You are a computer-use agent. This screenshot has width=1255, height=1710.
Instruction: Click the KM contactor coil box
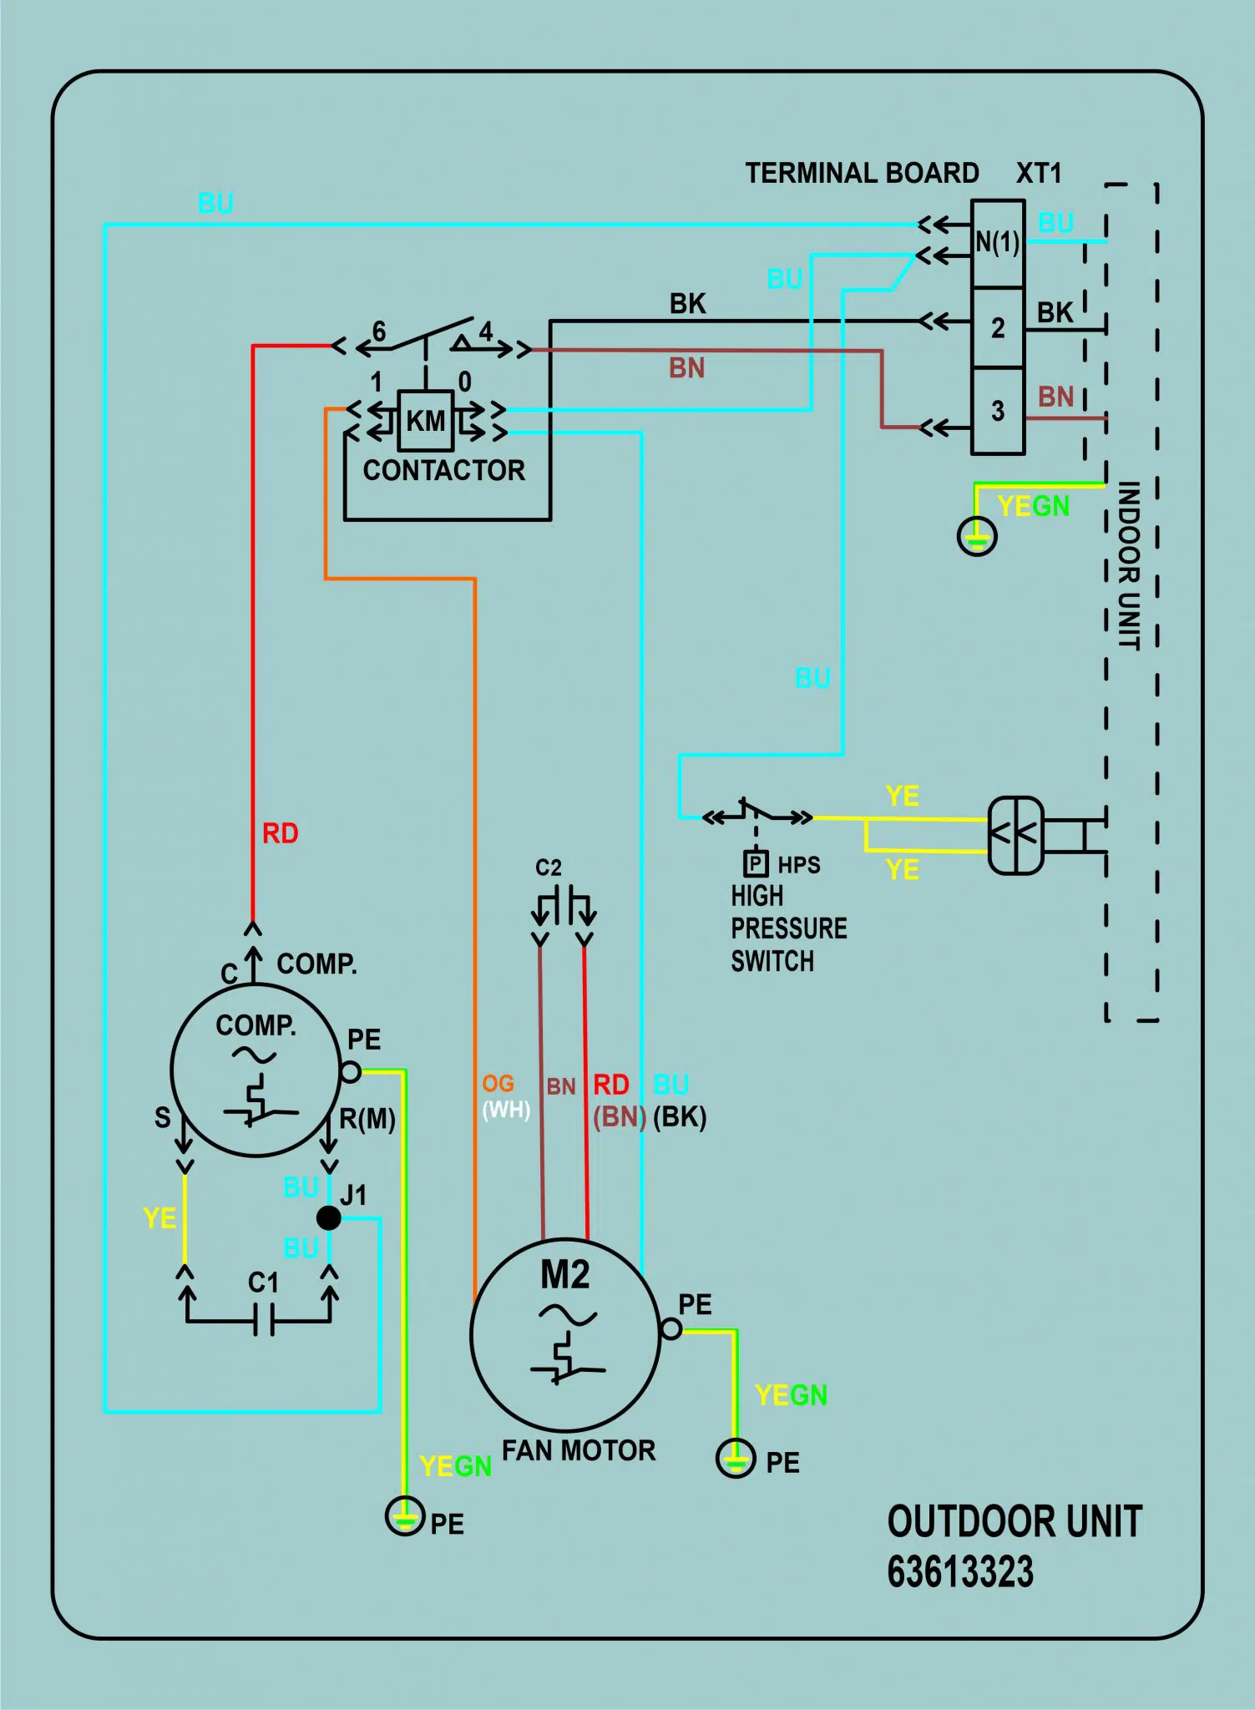click(x=426, y=420)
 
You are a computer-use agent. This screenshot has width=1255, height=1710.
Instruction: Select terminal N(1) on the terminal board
click(x=998, y=244)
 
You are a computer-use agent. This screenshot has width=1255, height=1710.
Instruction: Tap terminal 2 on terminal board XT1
click(x=998, y=328)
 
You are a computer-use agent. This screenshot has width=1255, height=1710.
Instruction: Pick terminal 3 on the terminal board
click(x=998, y=411)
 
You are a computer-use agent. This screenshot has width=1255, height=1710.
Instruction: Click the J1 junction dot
click(x=329, y=1217)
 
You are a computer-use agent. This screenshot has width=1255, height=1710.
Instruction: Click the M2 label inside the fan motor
click(x=565, y=1275)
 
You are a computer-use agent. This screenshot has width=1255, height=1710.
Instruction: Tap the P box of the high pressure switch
click(x=756, y=863)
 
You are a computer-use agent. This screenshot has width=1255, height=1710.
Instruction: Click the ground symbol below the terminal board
click(x=977, y=536)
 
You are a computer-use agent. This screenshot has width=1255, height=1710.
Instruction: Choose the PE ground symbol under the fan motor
click(x=736, y=1458)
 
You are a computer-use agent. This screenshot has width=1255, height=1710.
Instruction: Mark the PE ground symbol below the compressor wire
click(x=405, y=1515)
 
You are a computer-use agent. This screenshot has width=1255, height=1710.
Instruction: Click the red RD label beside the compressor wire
click(x=281, y=833)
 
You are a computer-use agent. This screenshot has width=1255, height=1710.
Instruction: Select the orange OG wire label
click(x=498, y=1084)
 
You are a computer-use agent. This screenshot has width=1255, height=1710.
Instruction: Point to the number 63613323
click(x=960, y=1572)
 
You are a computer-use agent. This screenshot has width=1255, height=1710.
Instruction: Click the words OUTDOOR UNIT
click(x=1015, y=1521)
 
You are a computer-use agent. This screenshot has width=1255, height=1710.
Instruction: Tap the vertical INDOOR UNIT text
click(x=1129, y=565)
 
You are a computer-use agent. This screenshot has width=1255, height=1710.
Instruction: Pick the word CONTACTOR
click(x=444, y=470)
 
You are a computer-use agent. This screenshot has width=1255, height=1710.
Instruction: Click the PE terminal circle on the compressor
click(x=351, y=1071)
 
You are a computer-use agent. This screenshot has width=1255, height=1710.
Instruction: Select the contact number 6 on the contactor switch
click(x=379, y=331)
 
